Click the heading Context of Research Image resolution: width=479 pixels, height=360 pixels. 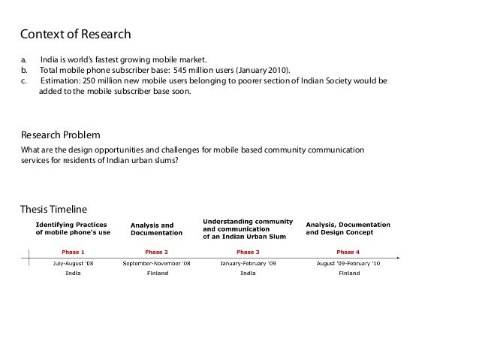click(x=75, y=35)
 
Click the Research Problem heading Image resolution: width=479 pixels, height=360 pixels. click(x=60, y=135)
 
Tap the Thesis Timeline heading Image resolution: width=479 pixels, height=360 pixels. click(x=53, y=208)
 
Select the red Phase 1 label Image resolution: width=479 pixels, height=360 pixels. click(x=73, y=251)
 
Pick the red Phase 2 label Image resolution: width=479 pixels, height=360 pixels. click(x=156, y=251)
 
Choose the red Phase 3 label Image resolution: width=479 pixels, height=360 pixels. click(x=248, y=251)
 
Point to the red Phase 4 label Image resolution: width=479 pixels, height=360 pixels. click(x=348, y=251)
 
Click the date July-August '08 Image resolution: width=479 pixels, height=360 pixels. click(x=73, y=263)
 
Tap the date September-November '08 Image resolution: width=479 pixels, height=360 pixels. click(x=156, y=263)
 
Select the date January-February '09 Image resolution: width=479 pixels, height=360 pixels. click(x=248, y=263)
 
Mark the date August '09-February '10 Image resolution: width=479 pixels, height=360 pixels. click(x=348, y=263)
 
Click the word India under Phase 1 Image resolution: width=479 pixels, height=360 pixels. click(x=73, y=274)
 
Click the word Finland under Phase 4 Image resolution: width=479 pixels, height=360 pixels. click(x=348, y=274)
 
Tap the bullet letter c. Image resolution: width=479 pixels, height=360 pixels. click(x=23, y=81)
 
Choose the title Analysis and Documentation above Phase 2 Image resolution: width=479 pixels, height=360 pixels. click(x=152, y=228)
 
